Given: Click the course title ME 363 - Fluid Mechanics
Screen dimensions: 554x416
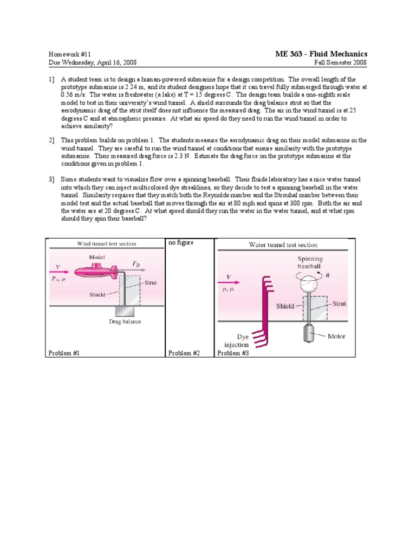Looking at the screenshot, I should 322,54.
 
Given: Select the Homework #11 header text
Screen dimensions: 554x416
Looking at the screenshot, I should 68,55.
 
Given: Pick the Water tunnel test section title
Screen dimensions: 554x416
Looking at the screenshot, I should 283,245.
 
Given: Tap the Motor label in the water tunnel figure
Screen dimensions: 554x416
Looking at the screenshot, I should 336,336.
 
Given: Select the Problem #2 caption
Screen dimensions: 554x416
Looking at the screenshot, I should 184,353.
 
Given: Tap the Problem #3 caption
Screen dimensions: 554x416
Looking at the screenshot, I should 233,353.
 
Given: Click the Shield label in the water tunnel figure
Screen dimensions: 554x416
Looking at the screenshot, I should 285,306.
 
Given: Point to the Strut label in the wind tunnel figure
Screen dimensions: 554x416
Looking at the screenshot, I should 151,282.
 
